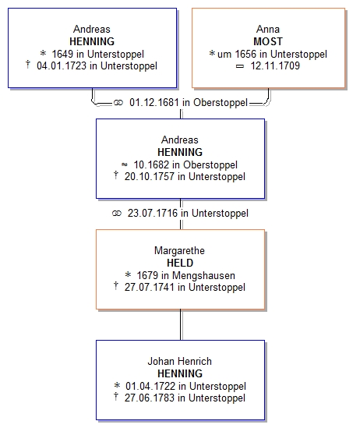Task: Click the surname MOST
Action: coord(268,41)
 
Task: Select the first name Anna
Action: coord(268,29)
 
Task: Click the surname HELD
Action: coord(180,263)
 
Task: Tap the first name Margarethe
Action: coord(179,250)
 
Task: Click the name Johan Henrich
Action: coord(179,361)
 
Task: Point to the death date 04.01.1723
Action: coord(62,66)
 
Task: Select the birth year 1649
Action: coord(62,54)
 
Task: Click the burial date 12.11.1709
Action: coord(275,66)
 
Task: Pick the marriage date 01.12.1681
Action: coord(154,103)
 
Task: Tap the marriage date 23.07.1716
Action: coord(153,214)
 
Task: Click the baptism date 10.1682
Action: coord(151,164)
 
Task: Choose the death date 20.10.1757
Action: coord(149,177)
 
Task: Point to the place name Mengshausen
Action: coord(203,275)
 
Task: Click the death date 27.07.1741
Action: coord(149,288)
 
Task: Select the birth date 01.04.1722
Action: coord(150,386)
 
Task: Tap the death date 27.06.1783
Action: coord(149,398)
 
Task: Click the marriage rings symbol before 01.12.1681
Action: coord(118,103)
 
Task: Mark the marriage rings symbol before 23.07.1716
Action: coord(117,214)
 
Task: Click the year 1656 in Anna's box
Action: coord(245,54)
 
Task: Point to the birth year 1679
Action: coord(147,275)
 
